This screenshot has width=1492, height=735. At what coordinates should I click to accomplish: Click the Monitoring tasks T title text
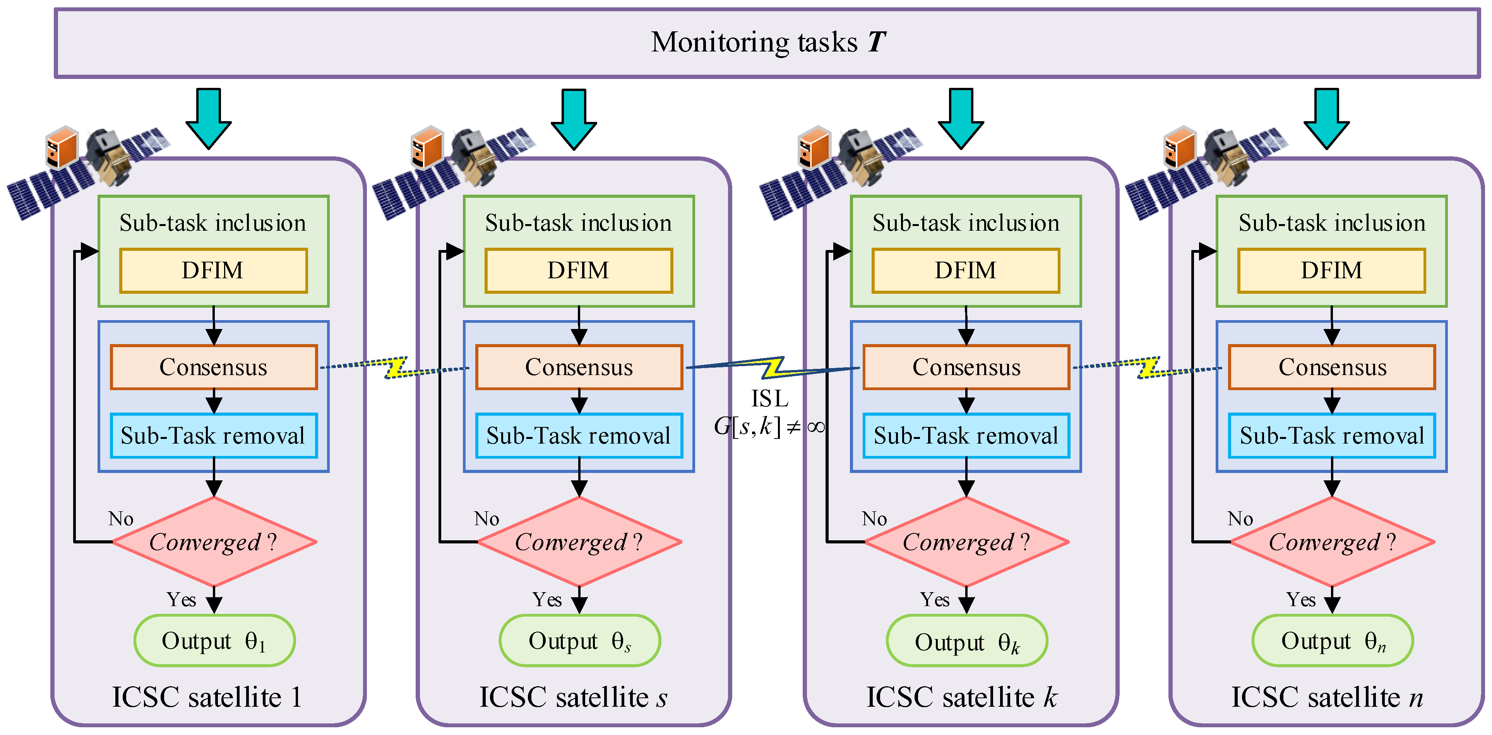[768, 42]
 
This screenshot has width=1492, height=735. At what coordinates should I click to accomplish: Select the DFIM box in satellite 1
[213, 271]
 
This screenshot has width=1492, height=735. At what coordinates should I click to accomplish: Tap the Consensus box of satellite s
[579, 367]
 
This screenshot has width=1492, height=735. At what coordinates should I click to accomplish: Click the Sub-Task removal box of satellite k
[966, 435]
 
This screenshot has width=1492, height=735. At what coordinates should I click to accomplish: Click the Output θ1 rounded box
[214, 641]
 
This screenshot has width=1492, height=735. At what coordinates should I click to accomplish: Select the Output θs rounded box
[579, 641]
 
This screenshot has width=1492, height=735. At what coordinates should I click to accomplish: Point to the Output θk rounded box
[966, 641]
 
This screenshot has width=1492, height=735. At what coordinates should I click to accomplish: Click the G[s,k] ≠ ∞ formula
[769, 427]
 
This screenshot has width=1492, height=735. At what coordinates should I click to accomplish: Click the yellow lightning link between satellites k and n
[1148, 367]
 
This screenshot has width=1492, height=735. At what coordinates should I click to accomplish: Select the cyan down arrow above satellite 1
[209, 118]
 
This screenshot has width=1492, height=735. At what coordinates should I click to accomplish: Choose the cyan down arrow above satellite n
[1326, 118]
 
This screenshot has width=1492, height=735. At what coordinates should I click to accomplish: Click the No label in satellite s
[486, 518]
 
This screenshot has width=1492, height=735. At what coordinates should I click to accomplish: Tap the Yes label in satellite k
[934, 600]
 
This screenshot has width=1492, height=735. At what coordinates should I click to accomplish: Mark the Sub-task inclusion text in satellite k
[966, 223]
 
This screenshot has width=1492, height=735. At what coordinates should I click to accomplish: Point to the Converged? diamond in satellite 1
[213, 542]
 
